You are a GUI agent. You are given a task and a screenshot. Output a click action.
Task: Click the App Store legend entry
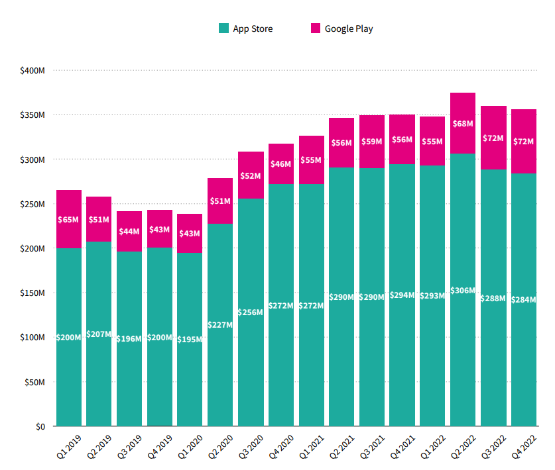point(245,28)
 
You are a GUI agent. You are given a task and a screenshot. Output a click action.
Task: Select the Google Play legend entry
point(341,28)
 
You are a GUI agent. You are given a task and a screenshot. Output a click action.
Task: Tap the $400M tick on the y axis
point(32,70)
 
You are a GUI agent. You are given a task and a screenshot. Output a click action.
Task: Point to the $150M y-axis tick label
point(32,293)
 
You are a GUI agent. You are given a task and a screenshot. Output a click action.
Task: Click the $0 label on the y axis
point(40,426)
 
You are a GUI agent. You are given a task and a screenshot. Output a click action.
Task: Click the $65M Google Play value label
point(69,219)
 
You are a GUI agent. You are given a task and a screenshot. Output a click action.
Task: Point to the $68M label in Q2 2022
point(463,124)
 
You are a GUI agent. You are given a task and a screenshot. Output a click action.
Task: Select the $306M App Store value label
point(463,291)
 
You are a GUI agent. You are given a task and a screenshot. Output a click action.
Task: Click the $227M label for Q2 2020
point(220,325)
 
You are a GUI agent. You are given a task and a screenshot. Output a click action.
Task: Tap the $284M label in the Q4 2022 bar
point(524,299)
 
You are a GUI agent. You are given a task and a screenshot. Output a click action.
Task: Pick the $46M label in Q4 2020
point(281,164)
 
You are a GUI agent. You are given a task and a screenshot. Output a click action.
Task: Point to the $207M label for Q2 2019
point(99,334)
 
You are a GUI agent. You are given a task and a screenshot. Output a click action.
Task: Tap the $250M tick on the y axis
point(32,204)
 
